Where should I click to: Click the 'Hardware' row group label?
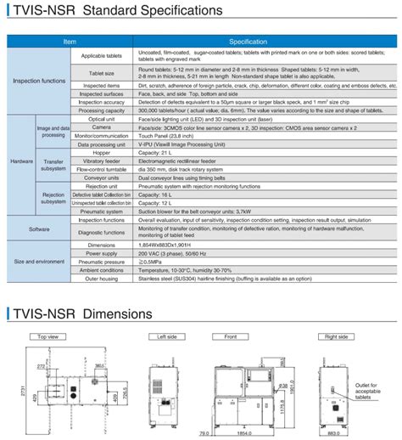coord(21,160)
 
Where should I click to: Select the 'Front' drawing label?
coord(230,313)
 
